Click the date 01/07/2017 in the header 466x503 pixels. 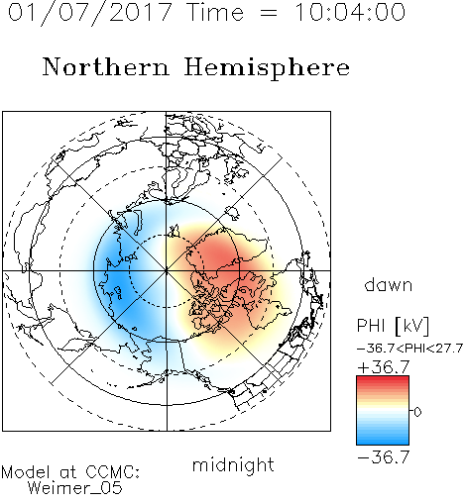(90, 13)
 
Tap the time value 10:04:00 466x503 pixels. (350, 13)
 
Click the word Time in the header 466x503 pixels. (215, 13)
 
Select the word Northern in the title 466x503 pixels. (106, 66)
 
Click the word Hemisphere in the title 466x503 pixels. (267, 68)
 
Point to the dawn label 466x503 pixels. (389, 284)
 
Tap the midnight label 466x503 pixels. (233, 464)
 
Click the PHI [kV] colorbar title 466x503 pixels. (393, 326)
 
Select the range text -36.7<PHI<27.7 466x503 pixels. (409, 349)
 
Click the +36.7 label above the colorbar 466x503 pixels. (384, 367)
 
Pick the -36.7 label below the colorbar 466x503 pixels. (384, 457)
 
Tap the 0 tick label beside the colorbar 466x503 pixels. (417, 412)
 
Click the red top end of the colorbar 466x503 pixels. (383, 378)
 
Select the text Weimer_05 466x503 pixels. (74, 488)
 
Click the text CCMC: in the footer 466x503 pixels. (112, 472)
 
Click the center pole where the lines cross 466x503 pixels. (166, 270)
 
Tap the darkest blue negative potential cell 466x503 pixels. (116, 280)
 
